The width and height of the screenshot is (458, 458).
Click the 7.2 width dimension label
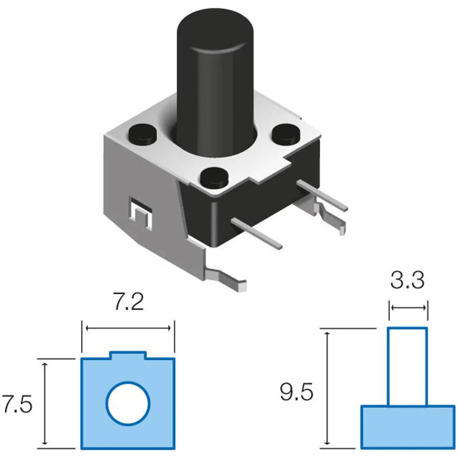[128, 302]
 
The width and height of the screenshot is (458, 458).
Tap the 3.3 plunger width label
[407, 281]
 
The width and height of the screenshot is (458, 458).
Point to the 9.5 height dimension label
[297, 392]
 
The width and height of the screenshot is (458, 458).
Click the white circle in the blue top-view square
[128, 403]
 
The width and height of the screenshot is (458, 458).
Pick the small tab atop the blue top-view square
[128, 355]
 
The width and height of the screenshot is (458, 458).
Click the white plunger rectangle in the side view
[407, 366]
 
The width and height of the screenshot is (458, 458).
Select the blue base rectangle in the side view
[408, 427]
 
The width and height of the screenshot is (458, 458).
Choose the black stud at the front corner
[214, 176]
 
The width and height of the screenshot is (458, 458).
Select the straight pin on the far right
[323, 195]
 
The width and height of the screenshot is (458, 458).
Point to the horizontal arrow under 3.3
[408, 308]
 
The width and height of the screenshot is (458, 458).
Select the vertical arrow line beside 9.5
[327, 389]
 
